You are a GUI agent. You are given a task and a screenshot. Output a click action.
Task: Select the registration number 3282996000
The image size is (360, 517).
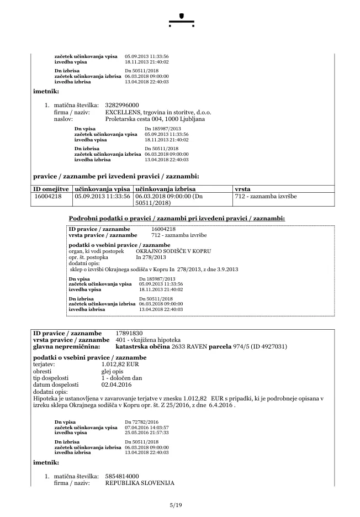click(122, 105)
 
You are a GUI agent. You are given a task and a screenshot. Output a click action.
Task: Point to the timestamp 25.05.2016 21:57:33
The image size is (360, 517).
click(147, 432)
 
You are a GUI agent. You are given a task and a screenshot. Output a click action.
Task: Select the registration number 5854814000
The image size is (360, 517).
click(122, 476)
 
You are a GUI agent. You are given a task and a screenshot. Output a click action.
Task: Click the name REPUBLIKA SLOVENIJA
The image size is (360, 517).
click(139, 483)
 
